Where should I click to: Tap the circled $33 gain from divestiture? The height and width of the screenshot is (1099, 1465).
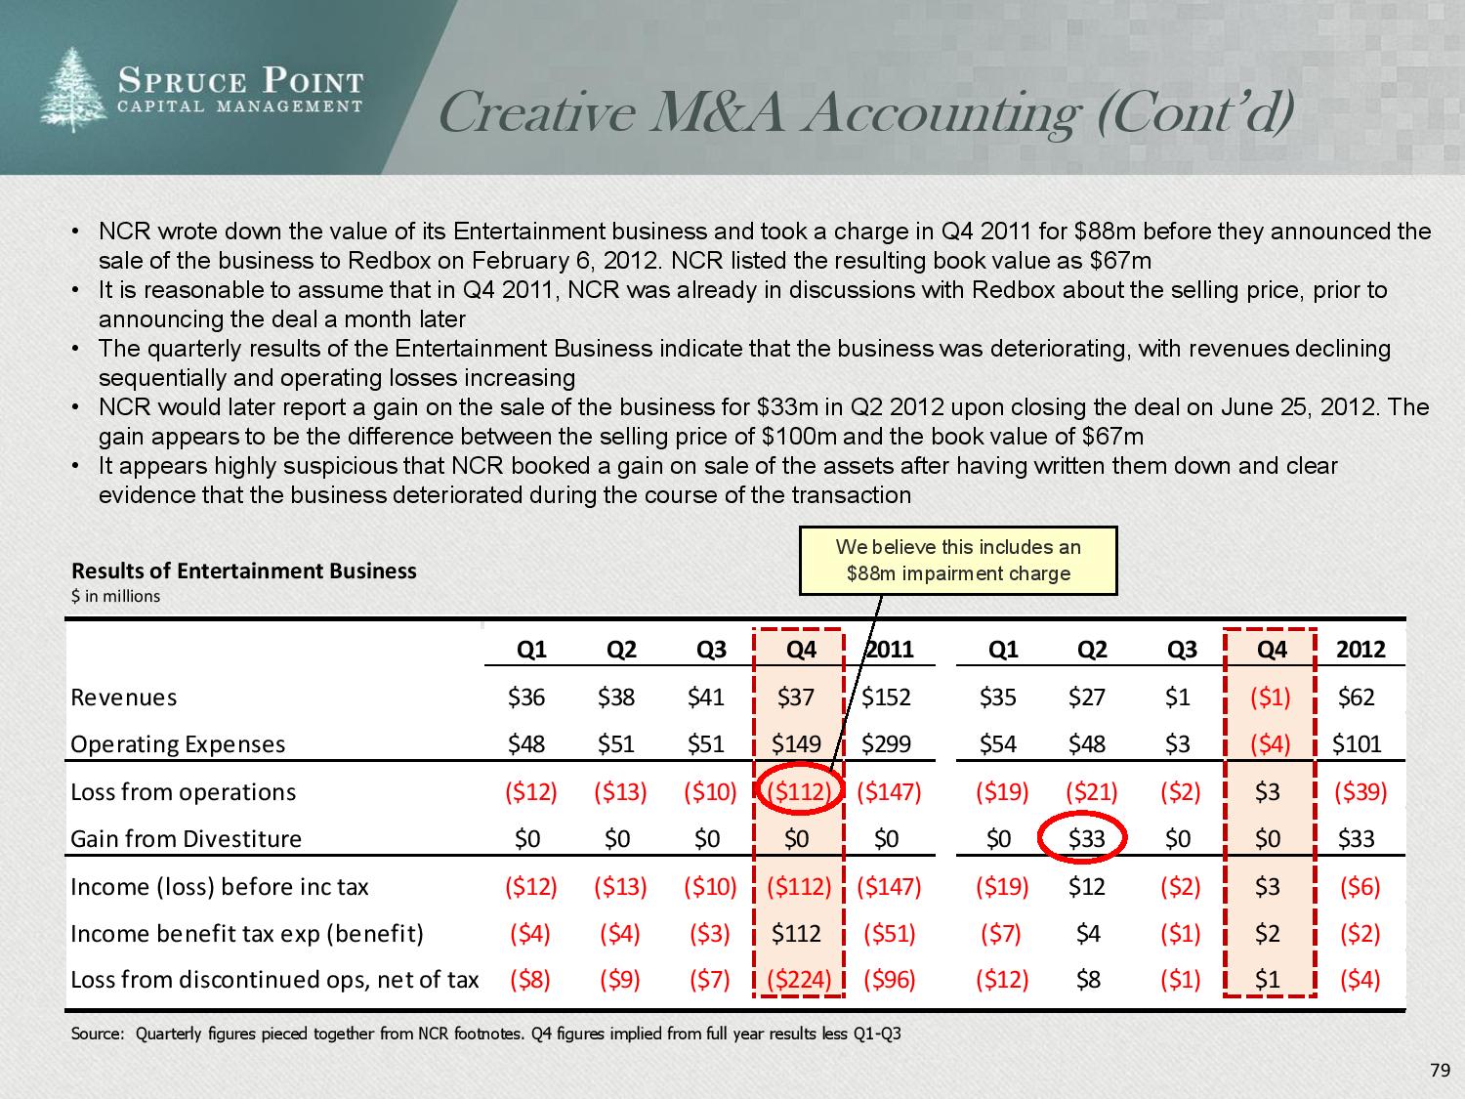1086,838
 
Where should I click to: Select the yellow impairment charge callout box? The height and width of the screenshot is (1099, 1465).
957,561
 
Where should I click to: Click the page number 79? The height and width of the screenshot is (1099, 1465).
1440,1072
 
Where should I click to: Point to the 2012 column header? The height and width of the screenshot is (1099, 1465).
1360,650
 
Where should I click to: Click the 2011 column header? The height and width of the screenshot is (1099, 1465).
890,650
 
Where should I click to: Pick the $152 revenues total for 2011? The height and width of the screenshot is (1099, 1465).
886,697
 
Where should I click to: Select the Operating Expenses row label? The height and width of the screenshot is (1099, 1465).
178,744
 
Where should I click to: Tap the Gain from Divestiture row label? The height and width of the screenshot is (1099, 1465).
186,839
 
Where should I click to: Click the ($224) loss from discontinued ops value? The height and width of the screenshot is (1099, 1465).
799,980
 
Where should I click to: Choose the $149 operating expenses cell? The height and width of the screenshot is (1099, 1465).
796,744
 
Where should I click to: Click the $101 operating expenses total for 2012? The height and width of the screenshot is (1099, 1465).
1358,744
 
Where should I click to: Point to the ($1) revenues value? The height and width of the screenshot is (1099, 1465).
1271,697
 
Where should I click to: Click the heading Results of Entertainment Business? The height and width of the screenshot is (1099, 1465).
244,571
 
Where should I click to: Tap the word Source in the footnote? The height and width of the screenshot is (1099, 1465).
95,1034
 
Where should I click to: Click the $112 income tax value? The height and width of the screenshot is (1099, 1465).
796,934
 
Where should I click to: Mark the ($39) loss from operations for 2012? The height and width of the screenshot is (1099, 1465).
1360,791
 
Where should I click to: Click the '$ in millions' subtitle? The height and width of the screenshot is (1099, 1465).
115,596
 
